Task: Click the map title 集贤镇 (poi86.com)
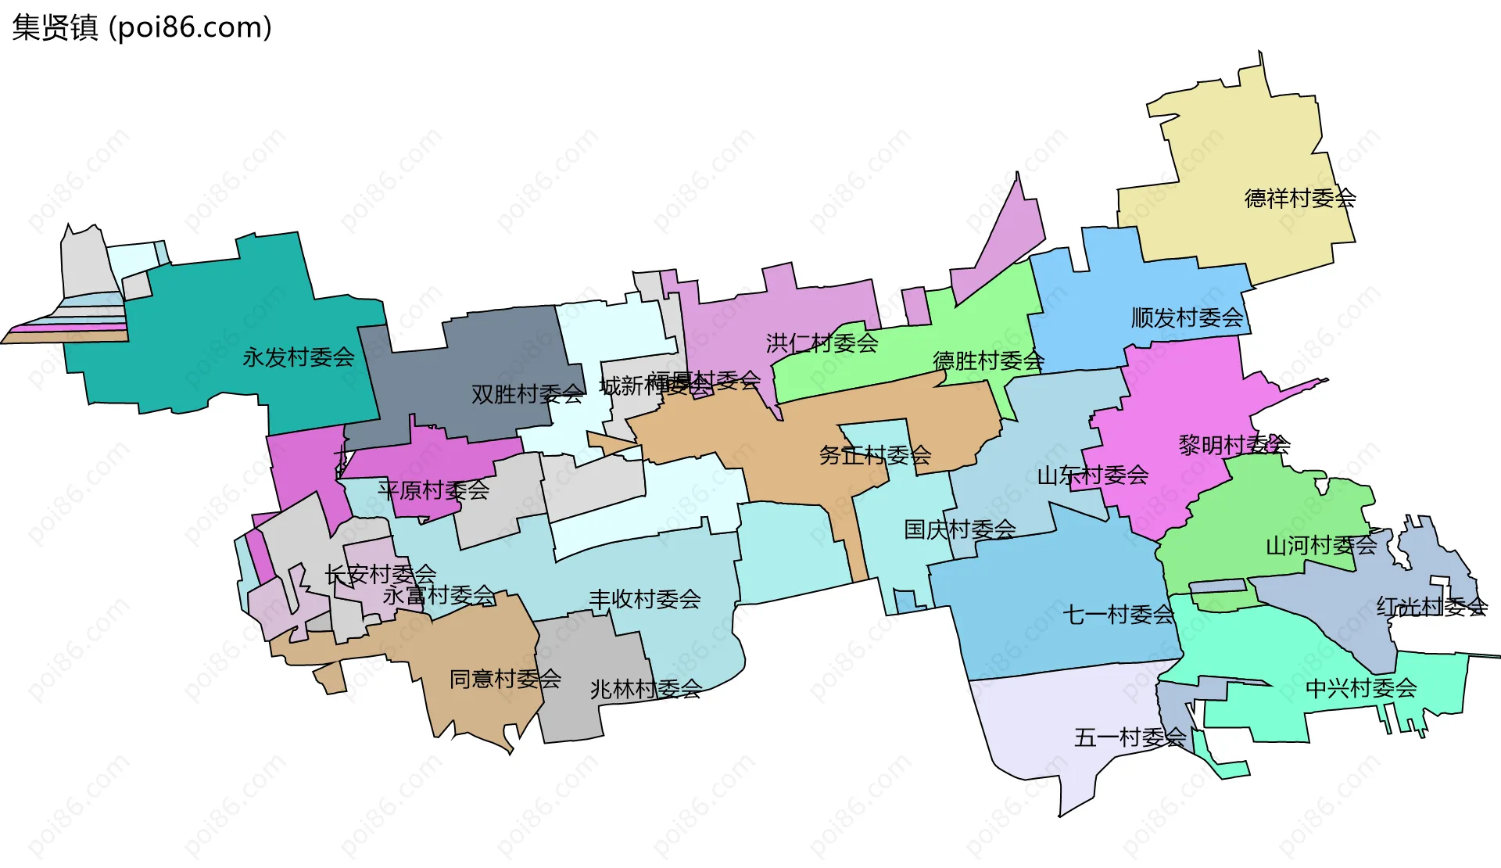142,27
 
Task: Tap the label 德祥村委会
1299,198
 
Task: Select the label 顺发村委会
1187,317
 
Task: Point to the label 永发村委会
298,357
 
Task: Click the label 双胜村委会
527,394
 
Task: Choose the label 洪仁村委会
822,343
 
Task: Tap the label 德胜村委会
988,360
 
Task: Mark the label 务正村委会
875,454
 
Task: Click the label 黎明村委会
1234,445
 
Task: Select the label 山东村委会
1092,475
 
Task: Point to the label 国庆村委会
959,529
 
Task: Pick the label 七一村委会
1118,615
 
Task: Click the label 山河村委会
1320,545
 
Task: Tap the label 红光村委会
1431,606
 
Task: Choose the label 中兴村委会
1361,688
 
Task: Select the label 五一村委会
1130,737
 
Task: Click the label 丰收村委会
644,600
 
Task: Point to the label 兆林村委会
646,689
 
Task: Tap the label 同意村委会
505,679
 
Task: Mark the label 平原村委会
433,490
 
